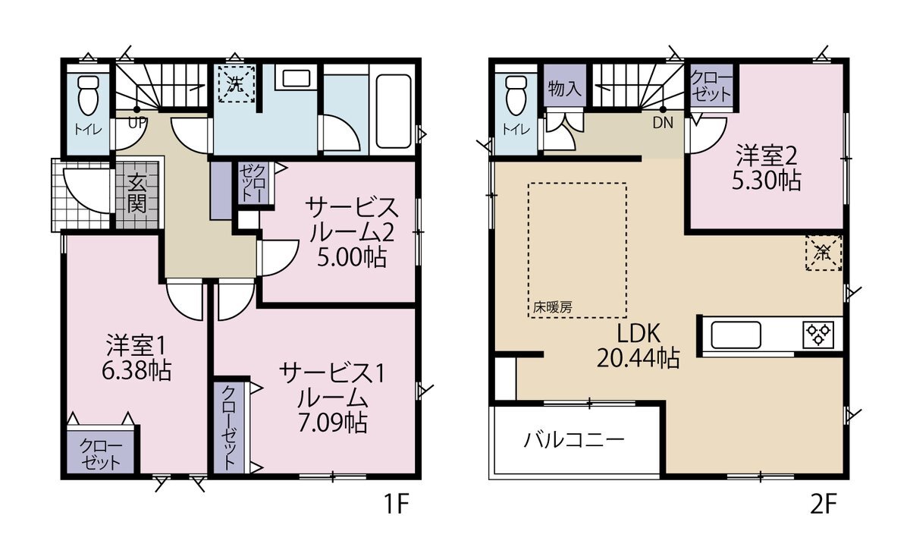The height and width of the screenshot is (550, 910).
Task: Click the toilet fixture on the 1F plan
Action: point(88,96)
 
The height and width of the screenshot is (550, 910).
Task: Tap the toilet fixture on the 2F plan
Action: point(516,96)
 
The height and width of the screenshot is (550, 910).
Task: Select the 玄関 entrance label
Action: point(137,194)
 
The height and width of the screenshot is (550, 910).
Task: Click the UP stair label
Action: point(137,122)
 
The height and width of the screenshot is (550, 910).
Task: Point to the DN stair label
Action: point(663,122)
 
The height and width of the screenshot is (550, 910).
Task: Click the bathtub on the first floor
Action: point(394,111)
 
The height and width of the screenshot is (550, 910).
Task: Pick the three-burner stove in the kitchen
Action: point(818,335)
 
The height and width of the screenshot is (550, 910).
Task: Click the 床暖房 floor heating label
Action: point(553,307)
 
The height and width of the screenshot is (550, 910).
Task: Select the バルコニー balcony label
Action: point(573,440)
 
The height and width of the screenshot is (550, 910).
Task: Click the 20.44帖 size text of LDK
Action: point(638,358)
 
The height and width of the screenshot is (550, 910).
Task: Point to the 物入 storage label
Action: point(565,88)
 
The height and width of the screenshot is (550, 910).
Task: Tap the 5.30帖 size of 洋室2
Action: point(767,181)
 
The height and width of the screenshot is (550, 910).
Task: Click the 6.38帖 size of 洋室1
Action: point(136,370)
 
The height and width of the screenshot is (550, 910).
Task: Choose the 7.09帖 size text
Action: point(333,423)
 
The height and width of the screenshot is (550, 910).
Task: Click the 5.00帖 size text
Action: point(351,258)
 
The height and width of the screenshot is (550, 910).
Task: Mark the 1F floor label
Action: point(396,504)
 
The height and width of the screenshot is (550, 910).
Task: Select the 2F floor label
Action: point(824,504)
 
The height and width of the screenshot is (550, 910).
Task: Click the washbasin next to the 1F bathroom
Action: point(297,77)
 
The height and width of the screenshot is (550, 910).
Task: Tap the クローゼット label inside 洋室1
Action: point(101,454)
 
